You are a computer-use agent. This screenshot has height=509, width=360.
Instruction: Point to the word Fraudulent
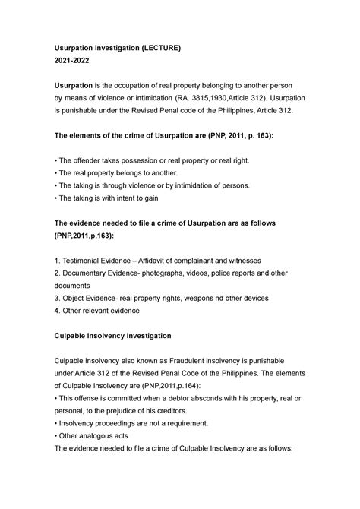(194, 360)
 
